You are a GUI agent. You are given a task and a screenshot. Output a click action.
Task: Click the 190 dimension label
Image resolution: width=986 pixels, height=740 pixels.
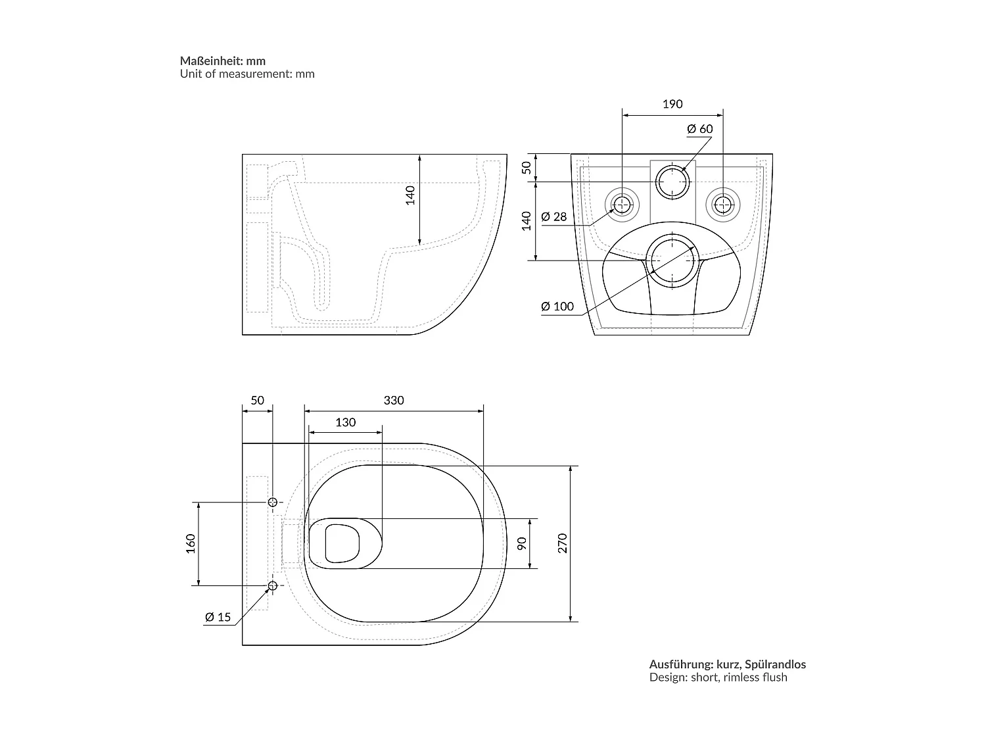[x=672, y=104]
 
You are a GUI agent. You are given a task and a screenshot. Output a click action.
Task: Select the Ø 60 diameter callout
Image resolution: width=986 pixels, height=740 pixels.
[x=699, y=129]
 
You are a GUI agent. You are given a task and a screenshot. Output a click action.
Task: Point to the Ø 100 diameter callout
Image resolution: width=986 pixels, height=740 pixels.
[x=557, y=306]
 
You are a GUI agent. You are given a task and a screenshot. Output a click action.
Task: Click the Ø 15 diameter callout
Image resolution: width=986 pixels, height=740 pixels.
[x=218, y=617]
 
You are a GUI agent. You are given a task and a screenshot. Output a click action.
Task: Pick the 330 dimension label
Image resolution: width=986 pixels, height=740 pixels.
[x=394, y=400]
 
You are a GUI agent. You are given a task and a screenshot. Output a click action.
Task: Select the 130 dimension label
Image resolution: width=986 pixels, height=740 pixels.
[x=345, y=422]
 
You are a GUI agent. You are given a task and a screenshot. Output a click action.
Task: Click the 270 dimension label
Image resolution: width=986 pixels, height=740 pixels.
[x=562, y=543]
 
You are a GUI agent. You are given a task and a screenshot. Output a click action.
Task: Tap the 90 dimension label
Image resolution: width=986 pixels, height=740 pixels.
[x=523, y=543]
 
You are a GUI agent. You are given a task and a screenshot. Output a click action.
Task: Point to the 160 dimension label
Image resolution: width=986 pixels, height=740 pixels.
[x=191, y=543]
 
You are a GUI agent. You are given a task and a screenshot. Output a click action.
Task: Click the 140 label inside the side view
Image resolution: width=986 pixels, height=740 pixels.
[x=410, y=195]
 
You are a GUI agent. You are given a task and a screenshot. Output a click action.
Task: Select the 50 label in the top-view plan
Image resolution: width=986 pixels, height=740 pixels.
[x=257, y=400]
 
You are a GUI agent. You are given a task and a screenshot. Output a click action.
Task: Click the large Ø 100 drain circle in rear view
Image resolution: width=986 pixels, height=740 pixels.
[x=672, y=260]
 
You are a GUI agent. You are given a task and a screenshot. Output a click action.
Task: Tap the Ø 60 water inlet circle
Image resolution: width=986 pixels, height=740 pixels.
[x=672, y=182]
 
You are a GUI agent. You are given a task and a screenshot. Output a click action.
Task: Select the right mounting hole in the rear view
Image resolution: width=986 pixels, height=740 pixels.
[x=722, y=205]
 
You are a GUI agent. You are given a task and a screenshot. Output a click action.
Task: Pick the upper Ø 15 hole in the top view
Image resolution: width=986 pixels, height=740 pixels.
[x=272, y=502]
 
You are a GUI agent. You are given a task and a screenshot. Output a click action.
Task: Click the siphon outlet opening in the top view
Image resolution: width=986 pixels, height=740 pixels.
[x=342, y=543]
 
